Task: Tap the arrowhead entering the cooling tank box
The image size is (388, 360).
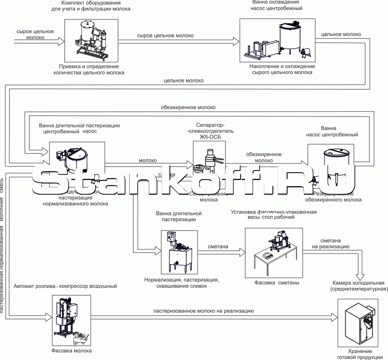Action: coord(237,41)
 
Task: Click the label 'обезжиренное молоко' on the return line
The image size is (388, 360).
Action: coord(188,107)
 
